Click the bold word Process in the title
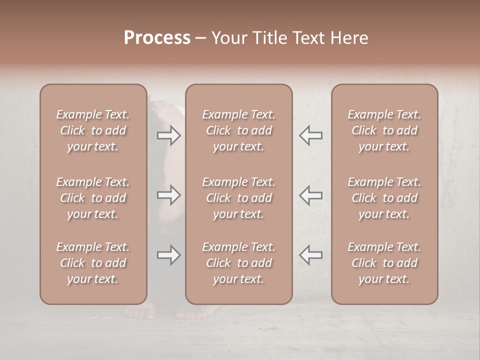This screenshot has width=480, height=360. pyautogui.click(x=157, y=38)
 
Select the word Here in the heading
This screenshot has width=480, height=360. pyautogui.click(x=349, y=38)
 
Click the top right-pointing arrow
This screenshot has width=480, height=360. pyautogui.click(x=168, y=135)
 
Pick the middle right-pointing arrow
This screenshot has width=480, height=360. pyautogui.click(x=168, y=195)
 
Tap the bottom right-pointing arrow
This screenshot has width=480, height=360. pyautogui.click(x=168, y=255)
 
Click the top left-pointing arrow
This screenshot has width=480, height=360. pyautogui.click(x=310, y=135)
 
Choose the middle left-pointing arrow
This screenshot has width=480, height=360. pyautogui.click(x=310, y=195)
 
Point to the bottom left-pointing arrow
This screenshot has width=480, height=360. pyautogui.click(x=310, y=255)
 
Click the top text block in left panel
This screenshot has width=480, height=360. pyautogui.click(x=93, y=130)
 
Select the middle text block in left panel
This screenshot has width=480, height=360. pyautogui.click(x=93, y=198)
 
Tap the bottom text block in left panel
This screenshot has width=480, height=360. pyautogui.click(x=93, y=263)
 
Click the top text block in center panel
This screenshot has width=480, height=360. pyautogui.click(x=238, y=130)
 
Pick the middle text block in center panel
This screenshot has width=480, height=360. pyautogui.click(x=238, y=198)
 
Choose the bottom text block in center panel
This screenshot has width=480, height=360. pyautogui.click(x=238, y=263)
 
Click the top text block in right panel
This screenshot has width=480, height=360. pyautogui.click(x=384, y=130)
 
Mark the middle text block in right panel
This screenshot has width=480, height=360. pyautogui.click(x=384, y=198)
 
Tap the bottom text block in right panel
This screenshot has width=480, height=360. pyautogui.click(x=384, y=263)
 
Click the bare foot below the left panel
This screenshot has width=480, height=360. pyautogui.click(x=140, y=312)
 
